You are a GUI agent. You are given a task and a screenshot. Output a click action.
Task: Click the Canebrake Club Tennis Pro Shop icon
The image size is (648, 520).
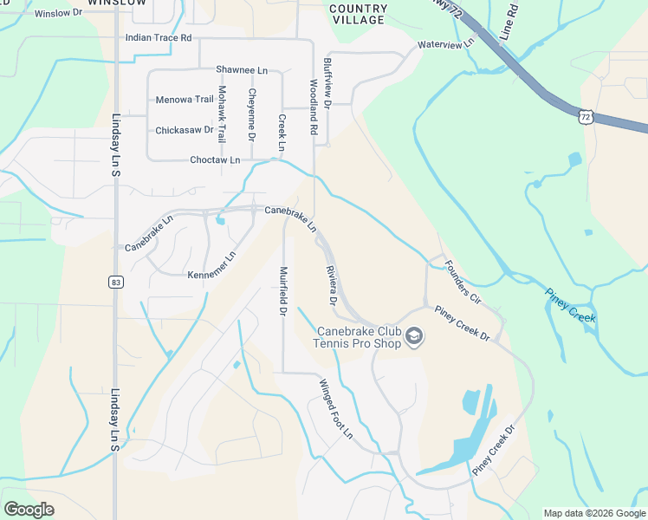tap(414, 336)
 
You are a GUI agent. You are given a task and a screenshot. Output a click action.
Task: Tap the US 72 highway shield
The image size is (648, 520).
tap(586, 116)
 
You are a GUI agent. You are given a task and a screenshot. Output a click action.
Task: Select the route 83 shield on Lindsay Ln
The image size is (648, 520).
tap(115, 282)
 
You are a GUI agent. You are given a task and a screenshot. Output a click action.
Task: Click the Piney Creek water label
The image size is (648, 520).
tap(571, 304)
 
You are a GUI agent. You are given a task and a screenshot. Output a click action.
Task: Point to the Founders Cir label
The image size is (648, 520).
tap(462, 281)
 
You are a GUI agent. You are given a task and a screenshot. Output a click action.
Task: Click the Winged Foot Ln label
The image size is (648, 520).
tap(337, 408)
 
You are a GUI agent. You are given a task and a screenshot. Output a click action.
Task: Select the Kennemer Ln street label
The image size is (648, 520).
tap(212, 265)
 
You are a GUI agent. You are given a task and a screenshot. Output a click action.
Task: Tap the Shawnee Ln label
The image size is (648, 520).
tap(242, 69)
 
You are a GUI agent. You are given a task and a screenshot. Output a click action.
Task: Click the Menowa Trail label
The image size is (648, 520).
tap(185, 100)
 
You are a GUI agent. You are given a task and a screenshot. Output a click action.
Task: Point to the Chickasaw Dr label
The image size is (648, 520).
tap(185, 130)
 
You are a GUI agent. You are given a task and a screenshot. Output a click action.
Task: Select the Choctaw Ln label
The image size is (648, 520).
tap(215, 160)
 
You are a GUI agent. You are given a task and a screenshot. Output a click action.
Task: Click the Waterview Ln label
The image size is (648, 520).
tap(446, 43)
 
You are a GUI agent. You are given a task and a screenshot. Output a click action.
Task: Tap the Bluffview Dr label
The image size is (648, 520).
tap(327, 82)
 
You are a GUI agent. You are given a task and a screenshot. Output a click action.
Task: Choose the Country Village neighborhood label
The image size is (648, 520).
tap(358, 14)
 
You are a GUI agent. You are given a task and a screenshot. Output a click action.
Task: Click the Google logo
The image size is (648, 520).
tap(29, 510)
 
